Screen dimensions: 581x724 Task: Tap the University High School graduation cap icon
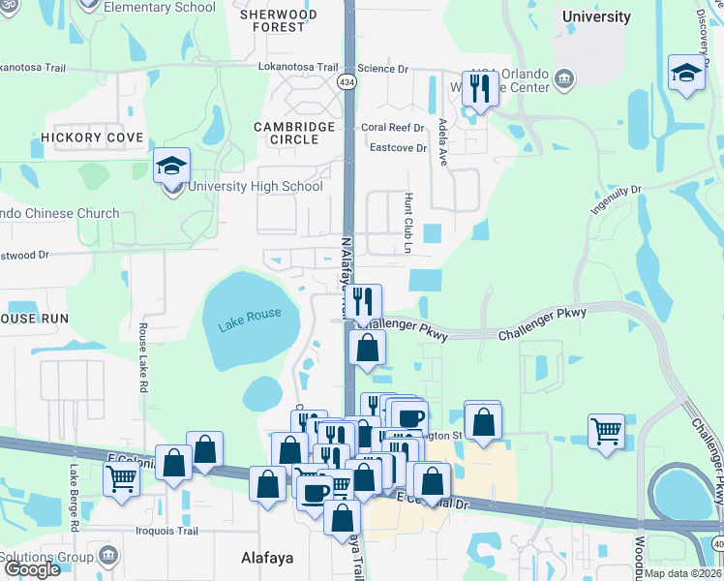(171, 167)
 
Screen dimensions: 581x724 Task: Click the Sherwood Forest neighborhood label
(279, 21)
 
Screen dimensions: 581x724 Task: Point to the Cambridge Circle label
(294, 133)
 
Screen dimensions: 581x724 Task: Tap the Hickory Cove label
(92, 138)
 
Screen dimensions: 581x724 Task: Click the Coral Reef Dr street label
(393, 128)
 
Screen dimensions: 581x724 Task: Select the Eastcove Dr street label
(399, 148)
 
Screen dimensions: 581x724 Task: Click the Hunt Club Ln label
(408, 224)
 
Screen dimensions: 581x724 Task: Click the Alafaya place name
(266, 559)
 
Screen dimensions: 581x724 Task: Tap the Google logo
(32, 569)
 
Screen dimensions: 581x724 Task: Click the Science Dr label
(383, 69)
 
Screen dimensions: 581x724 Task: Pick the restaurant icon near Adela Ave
(480, 91)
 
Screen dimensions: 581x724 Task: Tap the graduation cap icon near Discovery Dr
(686, 74)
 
